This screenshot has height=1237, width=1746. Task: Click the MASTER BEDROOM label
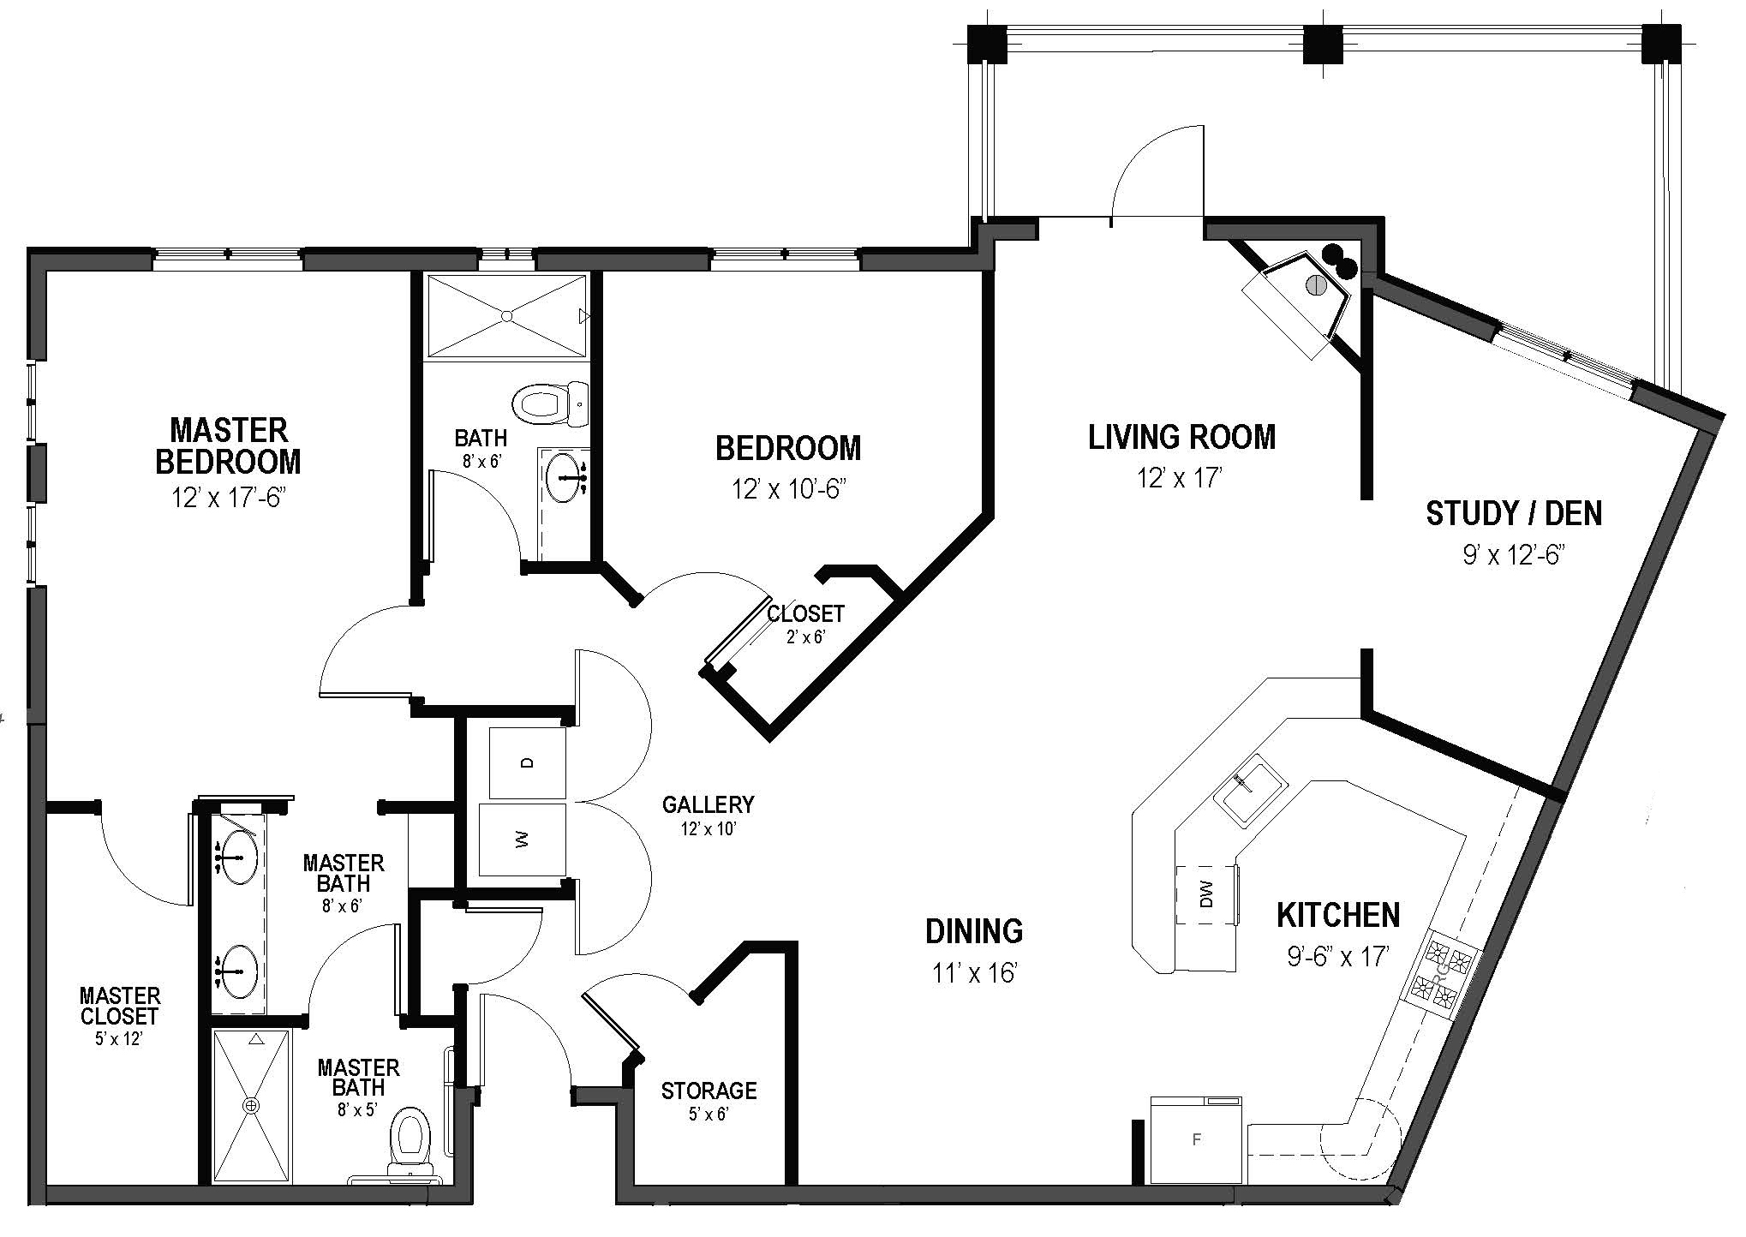[x=228, y=445]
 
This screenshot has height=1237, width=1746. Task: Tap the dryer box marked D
[x=527, y=762]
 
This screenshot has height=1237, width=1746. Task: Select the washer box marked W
[x=522, y=840]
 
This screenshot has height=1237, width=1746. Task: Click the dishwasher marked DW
[x=1207, y=895]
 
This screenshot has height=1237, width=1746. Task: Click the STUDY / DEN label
[x=1513, y=513]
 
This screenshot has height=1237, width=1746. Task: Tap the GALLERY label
[x=708, y=804]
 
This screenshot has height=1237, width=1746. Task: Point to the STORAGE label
[x=709, y=1091]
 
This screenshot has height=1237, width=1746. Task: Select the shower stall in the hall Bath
[x=507, y=315]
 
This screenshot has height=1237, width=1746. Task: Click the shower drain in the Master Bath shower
[x=251, y=1106]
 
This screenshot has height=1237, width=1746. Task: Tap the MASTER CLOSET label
[x=120, y=1006]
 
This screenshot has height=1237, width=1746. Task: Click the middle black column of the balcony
[x=1320, y=45]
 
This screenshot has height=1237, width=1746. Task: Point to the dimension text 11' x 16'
[x=974, y=973]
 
